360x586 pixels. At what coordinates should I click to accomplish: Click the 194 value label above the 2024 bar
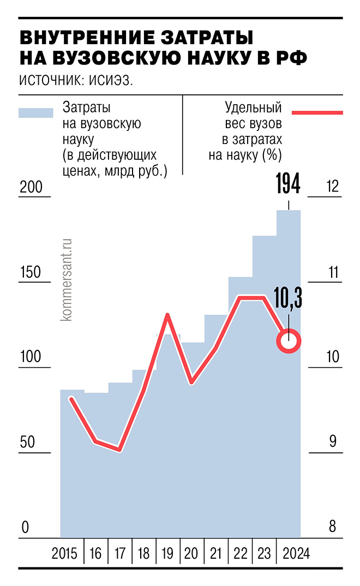[288, 184]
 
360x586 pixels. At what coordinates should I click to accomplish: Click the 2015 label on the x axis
[65, 554]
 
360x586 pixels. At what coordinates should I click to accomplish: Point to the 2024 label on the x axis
[295, 554]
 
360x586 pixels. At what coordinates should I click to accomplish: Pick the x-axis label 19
[167, 554]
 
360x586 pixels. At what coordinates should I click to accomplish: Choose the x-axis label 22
[240, 554]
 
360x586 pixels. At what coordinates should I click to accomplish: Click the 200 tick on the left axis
[31, 187]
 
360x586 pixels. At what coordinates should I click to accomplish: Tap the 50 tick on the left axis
[27, 442]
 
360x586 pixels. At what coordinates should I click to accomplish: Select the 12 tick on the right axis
[332, 187]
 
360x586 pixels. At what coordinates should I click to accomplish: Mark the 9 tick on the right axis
[332, 442]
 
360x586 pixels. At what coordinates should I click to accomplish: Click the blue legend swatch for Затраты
[35, 113]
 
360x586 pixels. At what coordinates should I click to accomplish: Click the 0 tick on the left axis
[24, 528]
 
